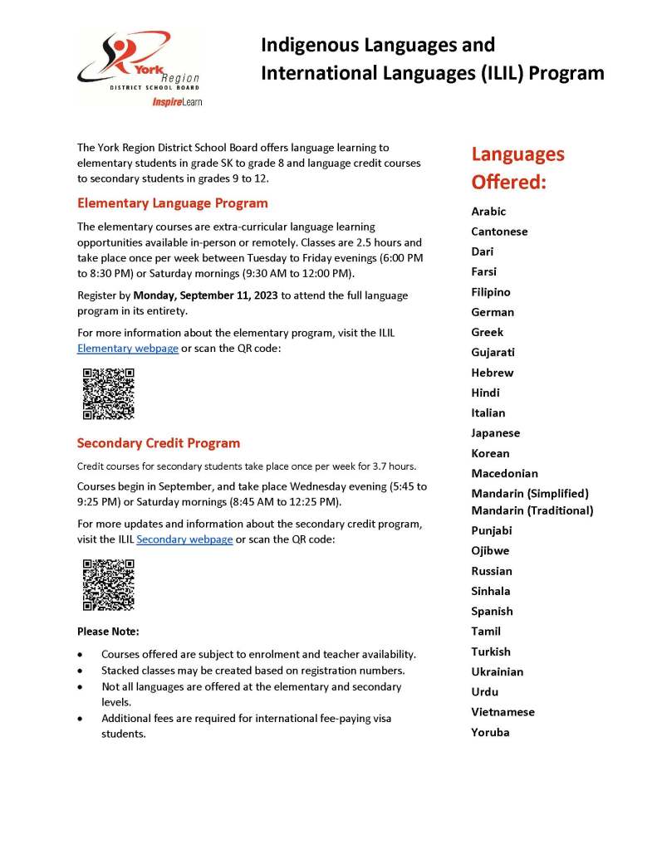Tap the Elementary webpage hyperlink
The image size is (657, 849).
coord(128,349)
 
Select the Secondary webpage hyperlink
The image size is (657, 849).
coord(184,539)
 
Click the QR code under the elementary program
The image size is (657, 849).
coord(108,393)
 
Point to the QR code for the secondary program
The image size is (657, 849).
coord(108,584)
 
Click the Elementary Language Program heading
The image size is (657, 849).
coord(172,202)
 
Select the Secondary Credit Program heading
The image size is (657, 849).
coord(158,443)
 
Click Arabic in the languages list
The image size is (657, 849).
coord(488,212)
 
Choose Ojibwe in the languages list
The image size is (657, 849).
coord(490,551)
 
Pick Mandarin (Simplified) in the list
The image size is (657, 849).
coord(530,493)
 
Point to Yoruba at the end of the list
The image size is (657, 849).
coord(490,732)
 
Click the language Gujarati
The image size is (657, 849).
coord(493,353)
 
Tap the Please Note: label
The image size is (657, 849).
coord(108,632)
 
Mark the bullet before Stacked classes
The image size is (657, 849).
coord(81,671)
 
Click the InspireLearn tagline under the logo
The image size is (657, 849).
coord(177,101)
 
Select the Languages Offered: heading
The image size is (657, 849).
coord(517,168)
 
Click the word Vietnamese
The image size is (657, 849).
coord(503,712)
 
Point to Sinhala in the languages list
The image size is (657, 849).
coord(491,591)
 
